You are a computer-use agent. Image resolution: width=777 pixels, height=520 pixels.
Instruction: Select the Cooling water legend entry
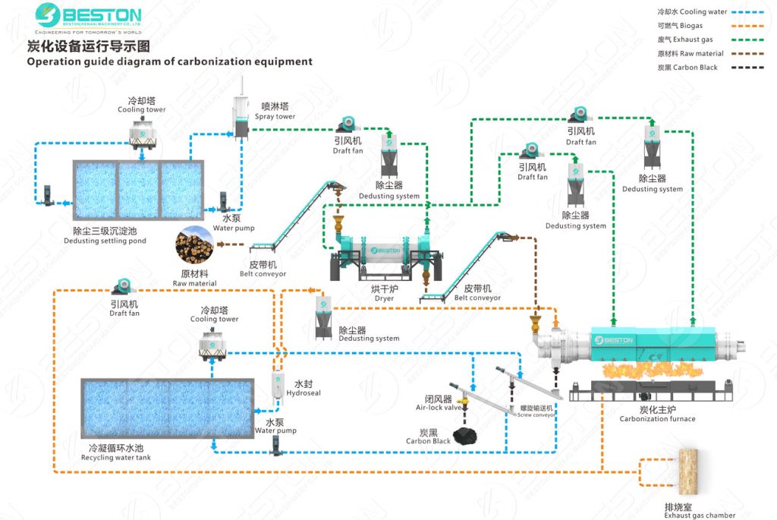click(692, 12)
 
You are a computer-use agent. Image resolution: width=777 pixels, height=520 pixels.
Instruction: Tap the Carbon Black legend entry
click(687, 68)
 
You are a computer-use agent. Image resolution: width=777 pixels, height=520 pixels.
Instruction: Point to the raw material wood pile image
click(193, 245)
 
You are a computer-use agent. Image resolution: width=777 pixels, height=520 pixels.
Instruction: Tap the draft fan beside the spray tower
click(348, 124)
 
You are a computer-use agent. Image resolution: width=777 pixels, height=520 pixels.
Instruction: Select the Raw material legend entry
click(690, 54)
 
